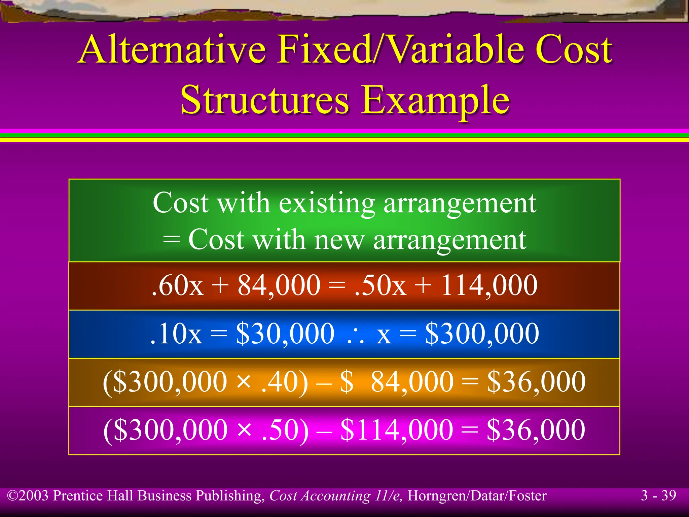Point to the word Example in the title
point(436,100)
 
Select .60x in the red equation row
point(178,285)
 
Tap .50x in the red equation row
point(380,285)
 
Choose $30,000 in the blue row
point(285,334)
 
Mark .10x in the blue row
point(176,334)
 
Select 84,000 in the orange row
point(412,382)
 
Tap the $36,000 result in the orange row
point(536,382)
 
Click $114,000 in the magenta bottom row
point(397,430)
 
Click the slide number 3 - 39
point(658,495)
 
